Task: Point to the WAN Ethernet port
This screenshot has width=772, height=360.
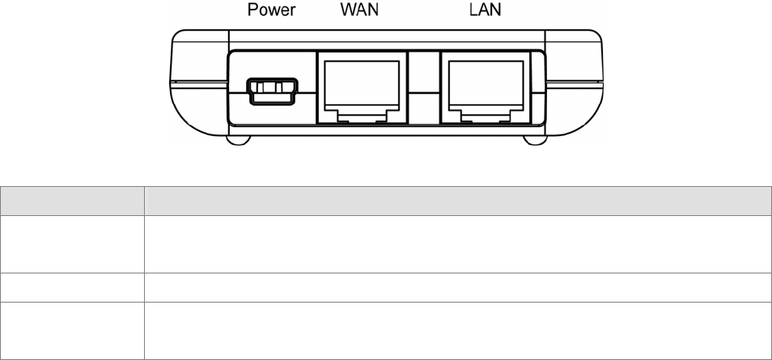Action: [x=360, y=86]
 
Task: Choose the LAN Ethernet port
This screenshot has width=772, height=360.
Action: [x=483, y=86]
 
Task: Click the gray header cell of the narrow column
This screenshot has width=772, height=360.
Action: [x=72, y=201]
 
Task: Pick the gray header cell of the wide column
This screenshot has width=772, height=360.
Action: [x=456, y=201]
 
